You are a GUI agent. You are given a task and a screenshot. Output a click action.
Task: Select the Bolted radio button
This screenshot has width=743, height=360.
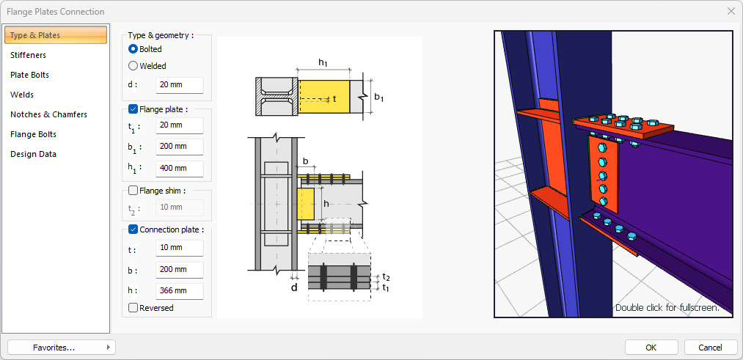pos(133,49)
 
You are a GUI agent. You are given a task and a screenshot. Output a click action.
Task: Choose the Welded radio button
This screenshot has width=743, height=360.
pos(133,66)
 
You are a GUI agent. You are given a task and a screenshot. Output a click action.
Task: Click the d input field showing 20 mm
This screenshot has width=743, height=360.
pos(180,85)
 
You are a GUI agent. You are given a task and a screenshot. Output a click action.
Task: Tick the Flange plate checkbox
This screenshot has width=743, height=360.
pos(133,109)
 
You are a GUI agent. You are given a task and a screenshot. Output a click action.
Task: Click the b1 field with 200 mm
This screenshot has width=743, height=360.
pos(180,147)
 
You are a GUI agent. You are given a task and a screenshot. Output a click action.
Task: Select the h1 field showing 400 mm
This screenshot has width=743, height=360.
pos(180,168)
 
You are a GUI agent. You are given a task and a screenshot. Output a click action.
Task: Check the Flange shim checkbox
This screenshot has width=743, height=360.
pos(133,191)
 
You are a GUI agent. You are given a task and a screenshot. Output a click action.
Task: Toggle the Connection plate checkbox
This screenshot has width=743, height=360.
pos(133,229)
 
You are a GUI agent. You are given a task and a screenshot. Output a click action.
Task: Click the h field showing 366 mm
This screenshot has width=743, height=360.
pos(180,291)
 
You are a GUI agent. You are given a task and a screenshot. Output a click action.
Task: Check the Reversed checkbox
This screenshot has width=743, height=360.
pos(133,308)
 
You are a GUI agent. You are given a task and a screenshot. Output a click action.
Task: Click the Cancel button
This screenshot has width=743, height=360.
pos(710,348)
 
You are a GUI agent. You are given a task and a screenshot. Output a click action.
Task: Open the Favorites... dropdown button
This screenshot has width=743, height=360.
pos(62,348)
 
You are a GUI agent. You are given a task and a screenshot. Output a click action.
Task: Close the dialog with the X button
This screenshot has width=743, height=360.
pos(731,12)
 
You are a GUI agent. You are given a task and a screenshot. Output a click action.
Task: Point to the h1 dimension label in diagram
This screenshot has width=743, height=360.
pos(323,62)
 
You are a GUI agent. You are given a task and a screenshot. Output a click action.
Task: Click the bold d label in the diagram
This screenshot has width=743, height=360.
pos(294,287)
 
